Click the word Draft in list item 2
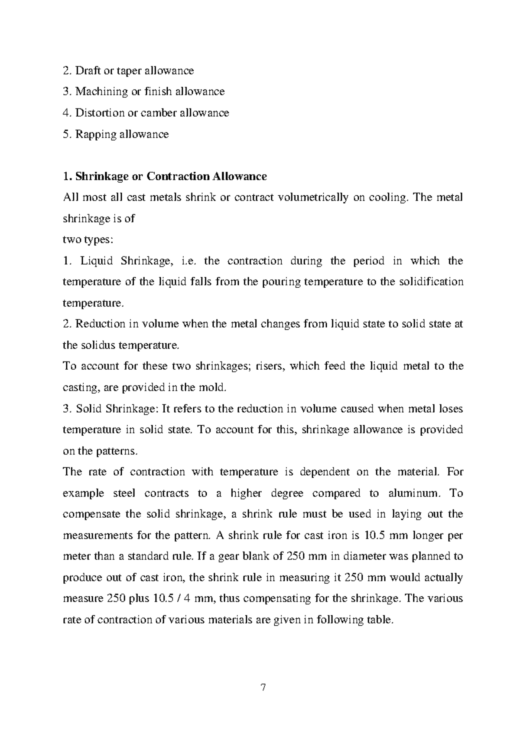85,70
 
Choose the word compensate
91,515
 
